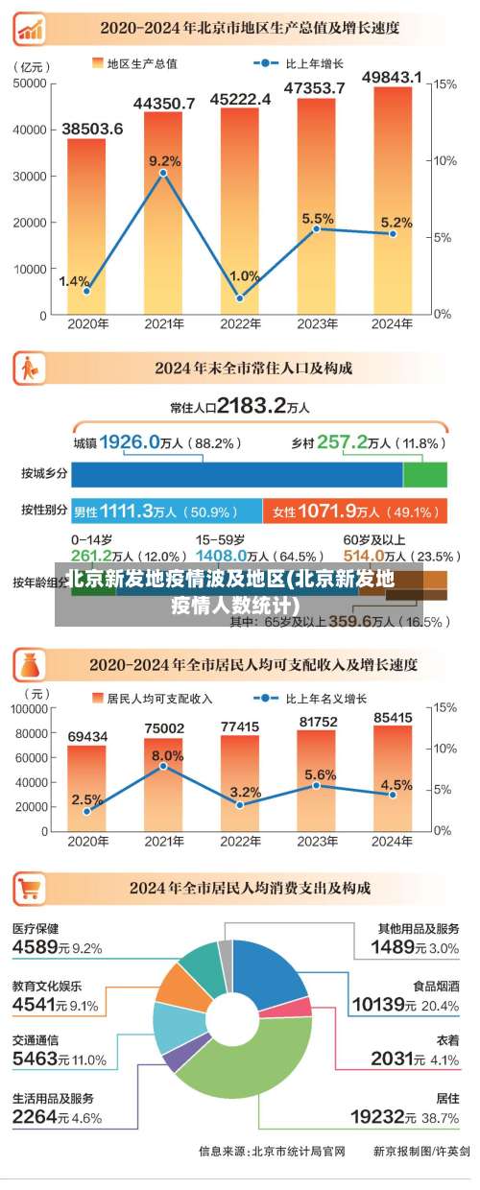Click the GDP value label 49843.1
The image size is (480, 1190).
(392, 77)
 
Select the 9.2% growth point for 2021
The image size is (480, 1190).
(163, 173)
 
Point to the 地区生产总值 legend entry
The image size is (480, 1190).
(133, 63)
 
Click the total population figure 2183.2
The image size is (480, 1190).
(252, 406)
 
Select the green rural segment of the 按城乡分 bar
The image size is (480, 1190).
(425, 474)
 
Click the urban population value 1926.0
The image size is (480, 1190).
(130, 441)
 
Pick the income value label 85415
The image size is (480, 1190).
(393, 717)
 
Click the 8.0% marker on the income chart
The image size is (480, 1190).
(163, 766)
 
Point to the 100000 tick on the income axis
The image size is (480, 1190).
(28, 708)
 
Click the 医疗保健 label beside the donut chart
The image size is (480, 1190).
(36, 928)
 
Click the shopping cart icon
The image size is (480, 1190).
(30, 889)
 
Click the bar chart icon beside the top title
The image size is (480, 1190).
(30, 28)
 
